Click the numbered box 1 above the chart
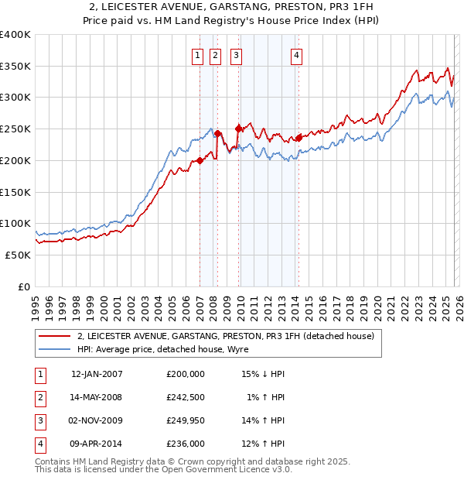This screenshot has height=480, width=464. pyautogui.click(x=197, y=55)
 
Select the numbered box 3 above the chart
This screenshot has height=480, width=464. pyautogui.click(x=235, y=55)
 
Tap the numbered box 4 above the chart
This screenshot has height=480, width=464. pyautogui.click(x=296, y=55)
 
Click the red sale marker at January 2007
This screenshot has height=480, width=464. pyautogui.click(x=200, y=160)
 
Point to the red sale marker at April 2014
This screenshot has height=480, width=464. pyautogui.click(x=299, y=139)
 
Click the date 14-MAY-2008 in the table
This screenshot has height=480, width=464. pyautogui.click(x=97, y=397)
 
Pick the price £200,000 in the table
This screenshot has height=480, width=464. pyautogui.click(x=186, y=374)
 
